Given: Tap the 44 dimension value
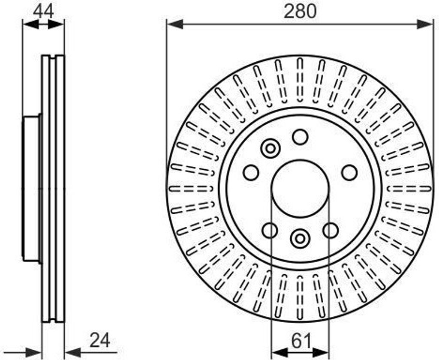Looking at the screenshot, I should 43,10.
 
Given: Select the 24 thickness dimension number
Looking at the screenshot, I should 100,340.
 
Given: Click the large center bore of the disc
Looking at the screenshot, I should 300,188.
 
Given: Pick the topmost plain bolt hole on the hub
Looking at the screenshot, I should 300,137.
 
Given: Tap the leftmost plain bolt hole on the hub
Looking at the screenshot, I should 251,173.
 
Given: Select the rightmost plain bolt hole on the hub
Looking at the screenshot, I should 349,173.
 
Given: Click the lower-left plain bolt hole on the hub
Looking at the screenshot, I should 270,231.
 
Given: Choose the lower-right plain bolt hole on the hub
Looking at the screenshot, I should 331,231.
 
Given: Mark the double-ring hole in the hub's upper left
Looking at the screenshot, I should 271,149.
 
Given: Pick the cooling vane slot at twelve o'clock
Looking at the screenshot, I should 300,81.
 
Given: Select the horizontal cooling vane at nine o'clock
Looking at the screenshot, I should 191,189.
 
